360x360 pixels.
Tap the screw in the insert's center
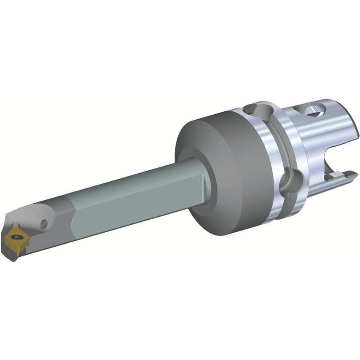click(16, 232)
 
